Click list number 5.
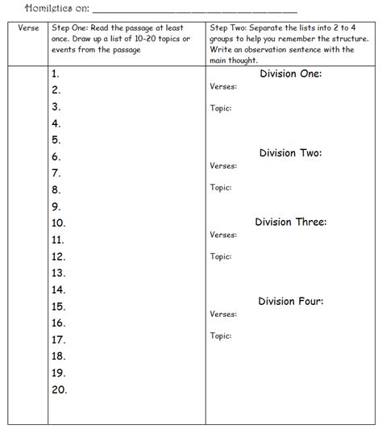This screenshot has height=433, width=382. (56, 139)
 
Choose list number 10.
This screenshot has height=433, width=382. (58, 223)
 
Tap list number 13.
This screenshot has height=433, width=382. (58, 273)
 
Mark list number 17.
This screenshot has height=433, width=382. (58, 339)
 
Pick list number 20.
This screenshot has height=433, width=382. (58, 389)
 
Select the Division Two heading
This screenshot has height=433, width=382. (290, 152)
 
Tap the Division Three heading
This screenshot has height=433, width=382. (290, 222)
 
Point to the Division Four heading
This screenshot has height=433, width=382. (290, 302)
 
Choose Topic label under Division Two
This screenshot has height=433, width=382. (221, 187)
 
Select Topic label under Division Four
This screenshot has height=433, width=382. (221, 335)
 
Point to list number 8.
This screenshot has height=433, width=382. (56, 189)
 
